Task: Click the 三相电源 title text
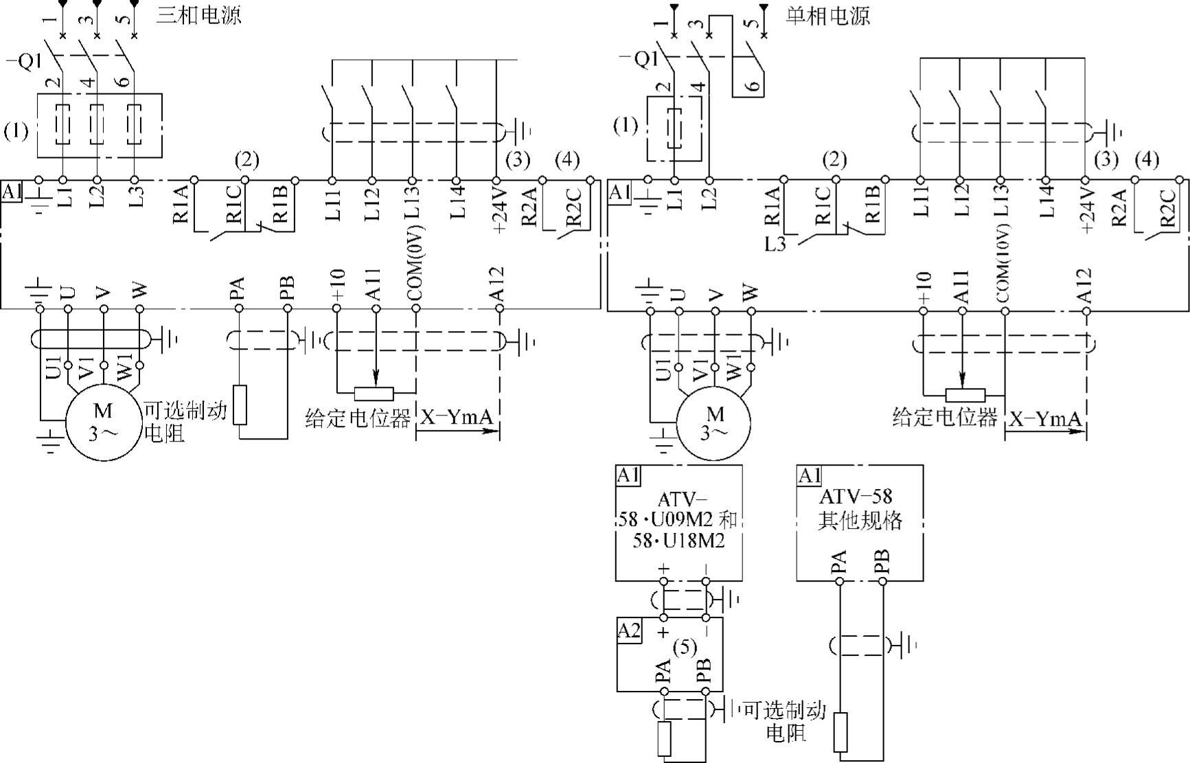199,15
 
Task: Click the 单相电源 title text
828,16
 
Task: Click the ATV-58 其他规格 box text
860,509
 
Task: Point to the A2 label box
629,630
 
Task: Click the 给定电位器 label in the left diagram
358,418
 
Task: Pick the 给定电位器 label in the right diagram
944,417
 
